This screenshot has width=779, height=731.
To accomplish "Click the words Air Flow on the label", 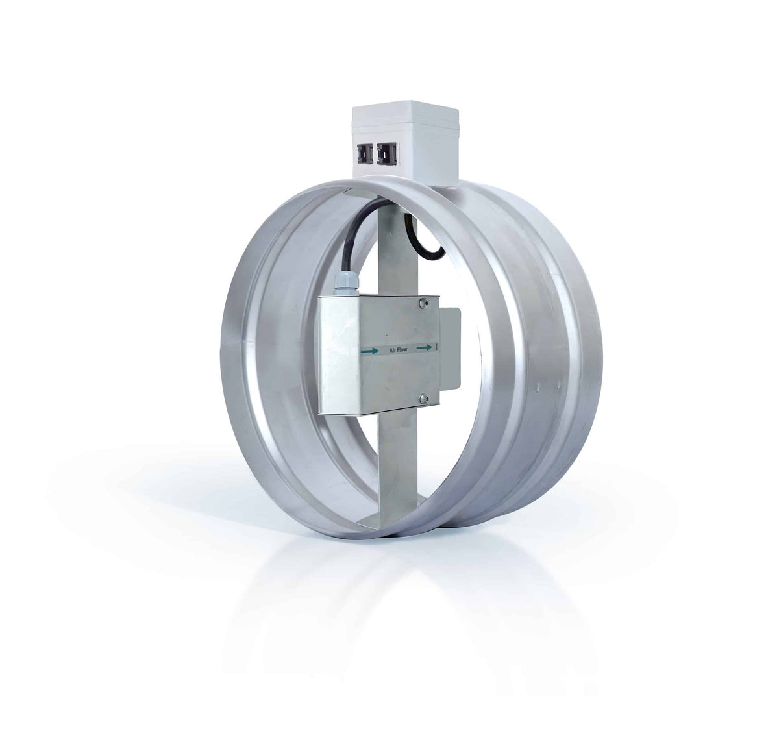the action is (398, 350).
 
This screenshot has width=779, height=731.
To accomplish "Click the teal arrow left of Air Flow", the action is (369, 351).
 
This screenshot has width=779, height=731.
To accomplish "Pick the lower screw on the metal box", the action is (423, 399).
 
